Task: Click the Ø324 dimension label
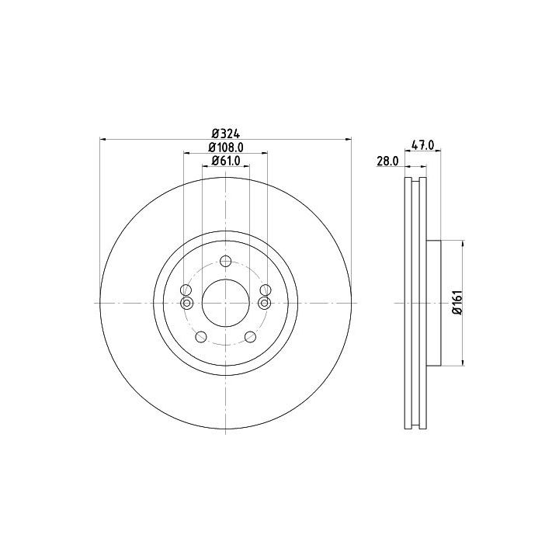(226, 134)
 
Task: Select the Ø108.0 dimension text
(226, 148)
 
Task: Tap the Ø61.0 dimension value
(226, 161)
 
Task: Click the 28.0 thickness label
(387, 161)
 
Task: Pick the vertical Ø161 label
(458, 302)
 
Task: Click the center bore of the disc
(226, 303)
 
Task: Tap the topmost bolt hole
(226, 262)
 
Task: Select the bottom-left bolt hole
(201, 336)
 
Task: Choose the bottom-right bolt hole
(250, 336)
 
